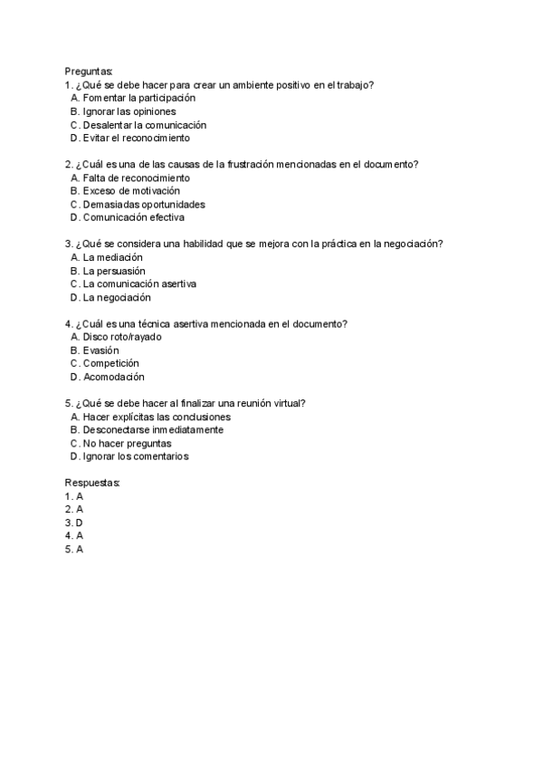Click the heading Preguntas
[x=89, y=71]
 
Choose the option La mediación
[x=112, y=257]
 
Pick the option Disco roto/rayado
[x=119, y=337]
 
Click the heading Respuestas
[x=92, y=483]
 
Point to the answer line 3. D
[x=74, y=523]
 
